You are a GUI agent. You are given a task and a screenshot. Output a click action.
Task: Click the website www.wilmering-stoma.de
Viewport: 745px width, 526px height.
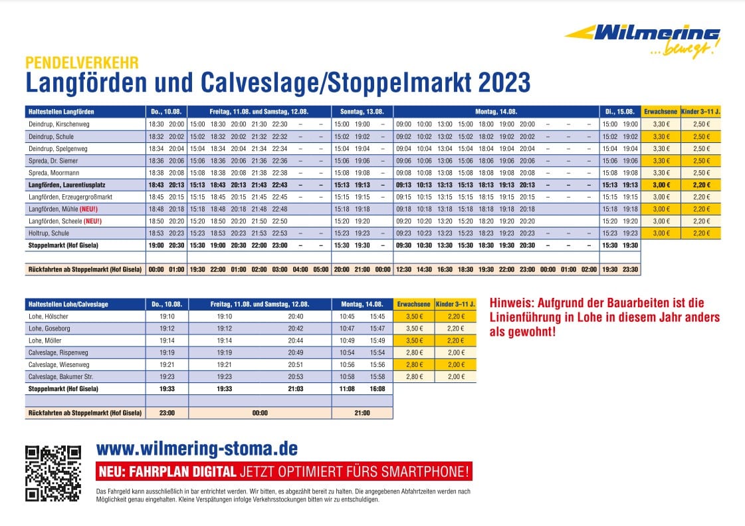(x=197, y=448)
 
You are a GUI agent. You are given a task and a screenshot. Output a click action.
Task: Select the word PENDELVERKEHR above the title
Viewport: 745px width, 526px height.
(x=82, y=63)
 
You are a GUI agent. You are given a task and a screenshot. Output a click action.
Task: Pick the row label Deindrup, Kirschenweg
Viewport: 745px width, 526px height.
(x=58, y=124)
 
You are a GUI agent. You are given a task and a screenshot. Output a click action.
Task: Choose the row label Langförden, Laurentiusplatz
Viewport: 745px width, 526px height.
(x=68, y=185)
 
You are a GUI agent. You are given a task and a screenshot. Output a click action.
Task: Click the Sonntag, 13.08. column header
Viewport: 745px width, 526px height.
(x=362, y=111)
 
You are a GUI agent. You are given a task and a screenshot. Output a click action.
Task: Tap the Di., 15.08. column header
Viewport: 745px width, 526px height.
(x=619, y=111)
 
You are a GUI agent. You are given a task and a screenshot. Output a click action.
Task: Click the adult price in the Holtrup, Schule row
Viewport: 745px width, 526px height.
(x=661, y=233)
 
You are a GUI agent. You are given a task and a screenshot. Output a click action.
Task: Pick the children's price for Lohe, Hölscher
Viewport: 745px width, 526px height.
(x=455, y=316)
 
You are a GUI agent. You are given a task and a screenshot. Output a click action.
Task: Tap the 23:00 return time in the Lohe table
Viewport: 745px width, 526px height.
(x=167, y=413)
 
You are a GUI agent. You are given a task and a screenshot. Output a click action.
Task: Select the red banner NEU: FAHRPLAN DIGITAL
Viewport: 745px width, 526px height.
(x=284, y=472)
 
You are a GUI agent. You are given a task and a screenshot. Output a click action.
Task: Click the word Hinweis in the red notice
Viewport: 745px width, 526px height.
(x=511, y=302)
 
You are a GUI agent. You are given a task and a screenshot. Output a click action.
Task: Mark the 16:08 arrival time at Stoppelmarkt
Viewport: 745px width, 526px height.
(x=377, y=388)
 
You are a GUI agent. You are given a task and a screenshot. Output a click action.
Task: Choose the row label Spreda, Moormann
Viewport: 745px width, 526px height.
(x=53, y=172)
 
